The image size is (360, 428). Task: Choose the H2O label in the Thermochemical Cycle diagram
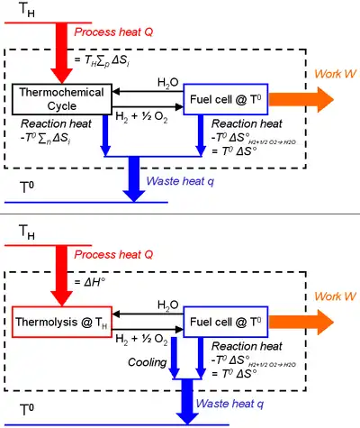tap(167, 82)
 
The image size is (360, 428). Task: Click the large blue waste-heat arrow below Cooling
tap(188, 398)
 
